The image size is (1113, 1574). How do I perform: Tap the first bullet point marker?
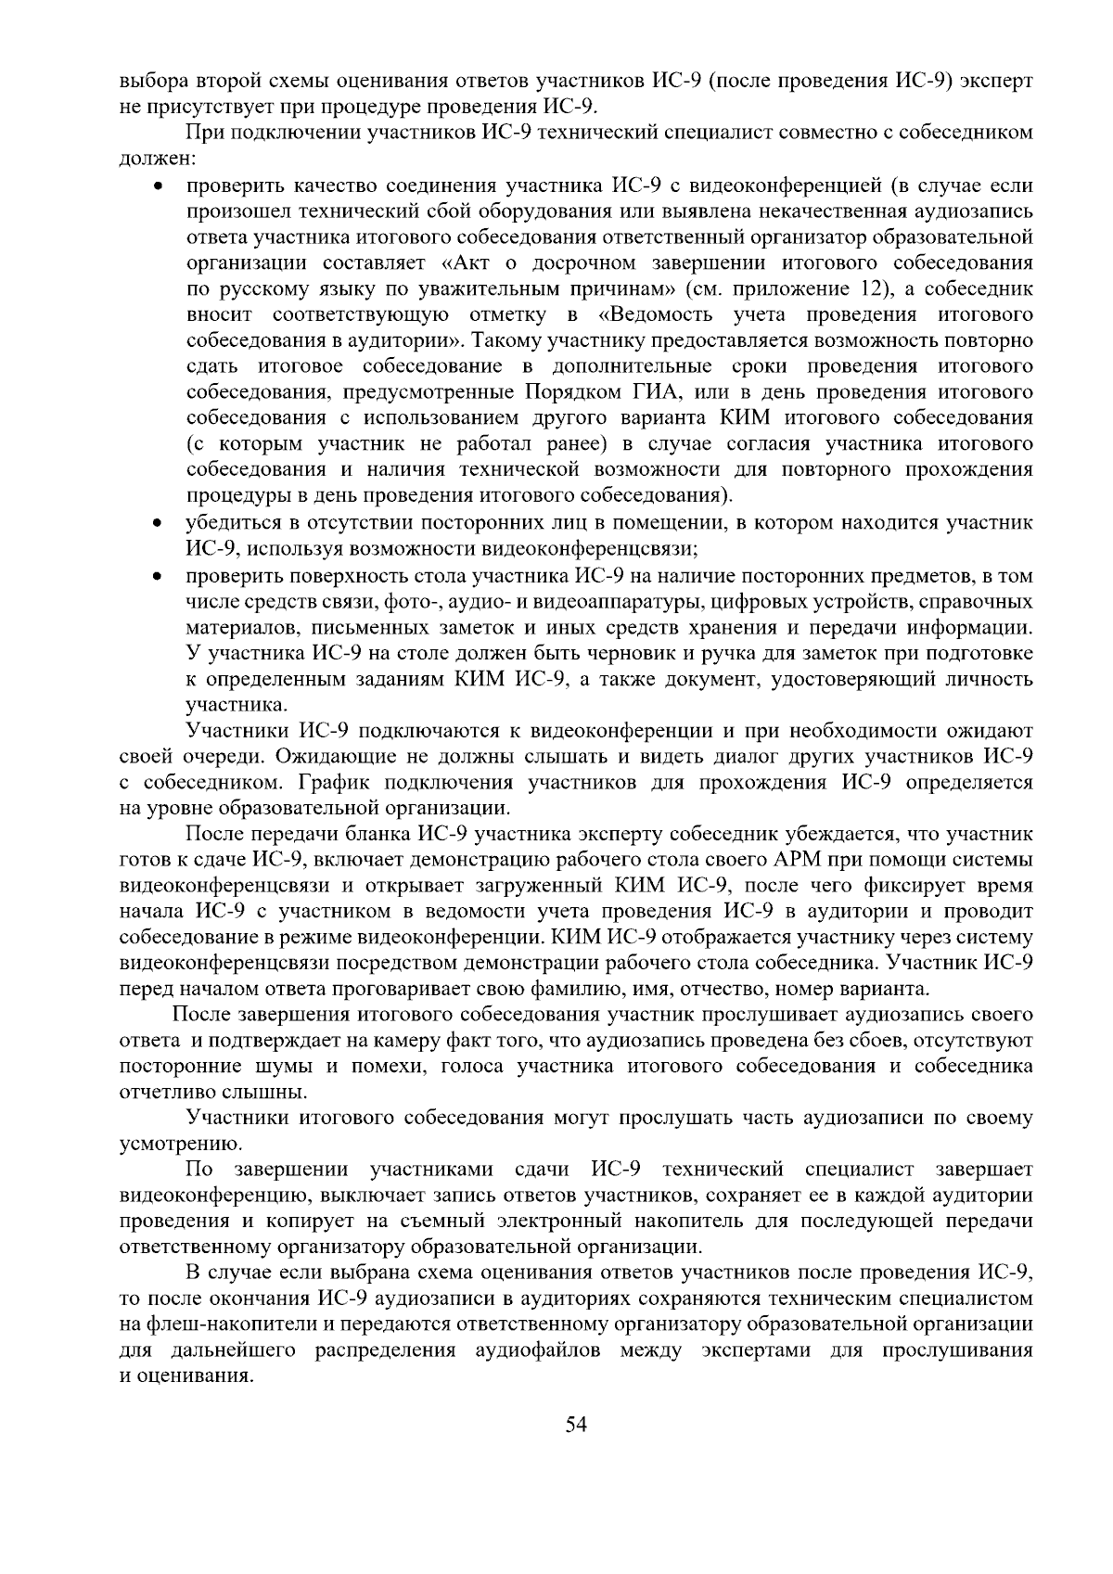tap(160, 186)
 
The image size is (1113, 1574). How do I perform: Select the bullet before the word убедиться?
tap(160, 524)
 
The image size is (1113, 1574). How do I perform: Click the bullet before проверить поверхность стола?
tap(160, 577)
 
